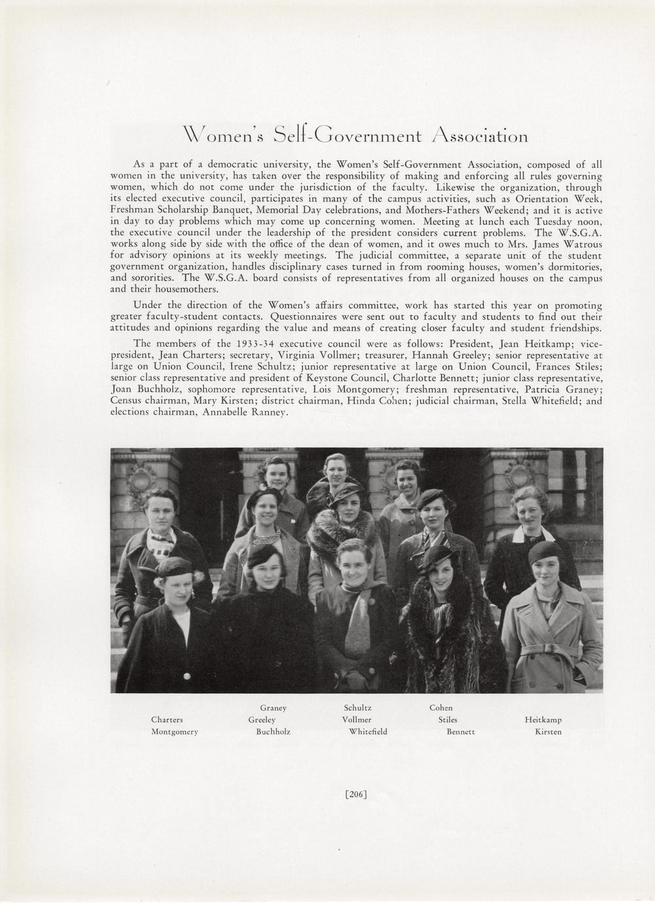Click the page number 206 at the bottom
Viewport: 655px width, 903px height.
click(356, 794)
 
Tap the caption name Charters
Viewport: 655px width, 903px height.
click(167, 720)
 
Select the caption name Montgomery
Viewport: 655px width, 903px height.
click(175, 732)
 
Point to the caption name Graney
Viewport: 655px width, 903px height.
click(274, 708)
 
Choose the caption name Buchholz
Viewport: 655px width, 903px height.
click(273, 732)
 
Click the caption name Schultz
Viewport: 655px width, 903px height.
click(357, 708)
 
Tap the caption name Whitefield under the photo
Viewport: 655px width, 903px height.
click(368, 732)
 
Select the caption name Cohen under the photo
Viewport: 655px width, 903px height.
click(440, 708)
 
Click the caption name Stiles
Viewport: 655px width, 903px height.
click(448, 720)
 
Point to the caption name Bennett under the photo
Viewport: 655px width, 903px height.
click(461, 732)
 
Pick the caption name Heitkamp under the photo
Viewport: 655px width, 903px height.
click(543, 720)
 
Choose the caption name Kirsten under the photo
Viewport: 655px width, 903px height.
click(548, 732)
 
